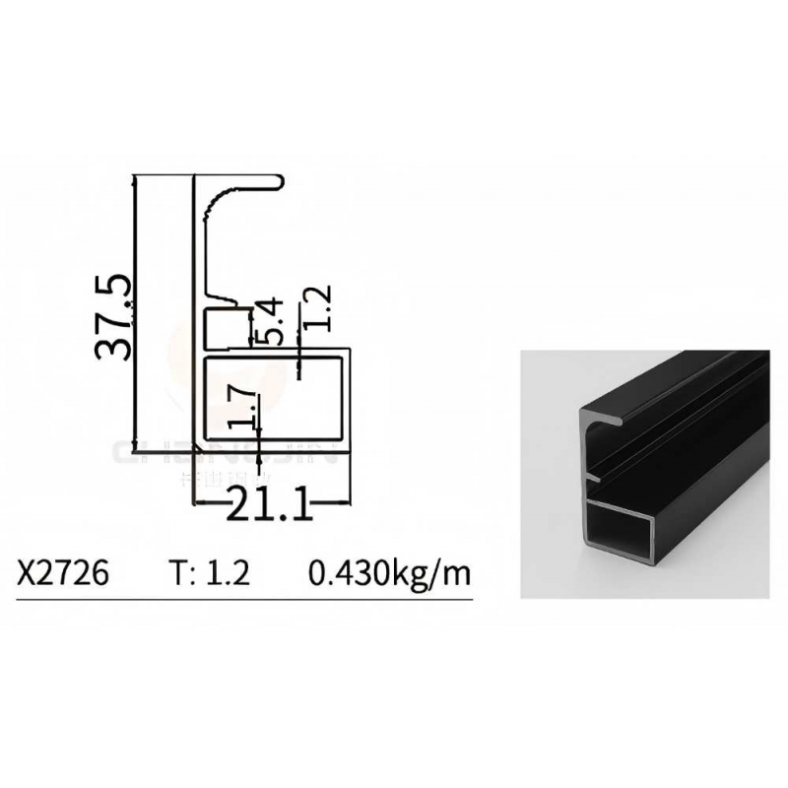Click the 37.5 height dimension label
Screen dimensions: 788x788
pyautogui.click(x=114, y=317)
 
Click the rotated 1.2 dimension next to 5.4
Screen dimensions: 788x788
pyautogui.click(x=316, y=308)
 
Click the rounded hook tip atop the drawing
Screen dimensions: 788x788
pyautogui.click(x=282, y=181)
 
